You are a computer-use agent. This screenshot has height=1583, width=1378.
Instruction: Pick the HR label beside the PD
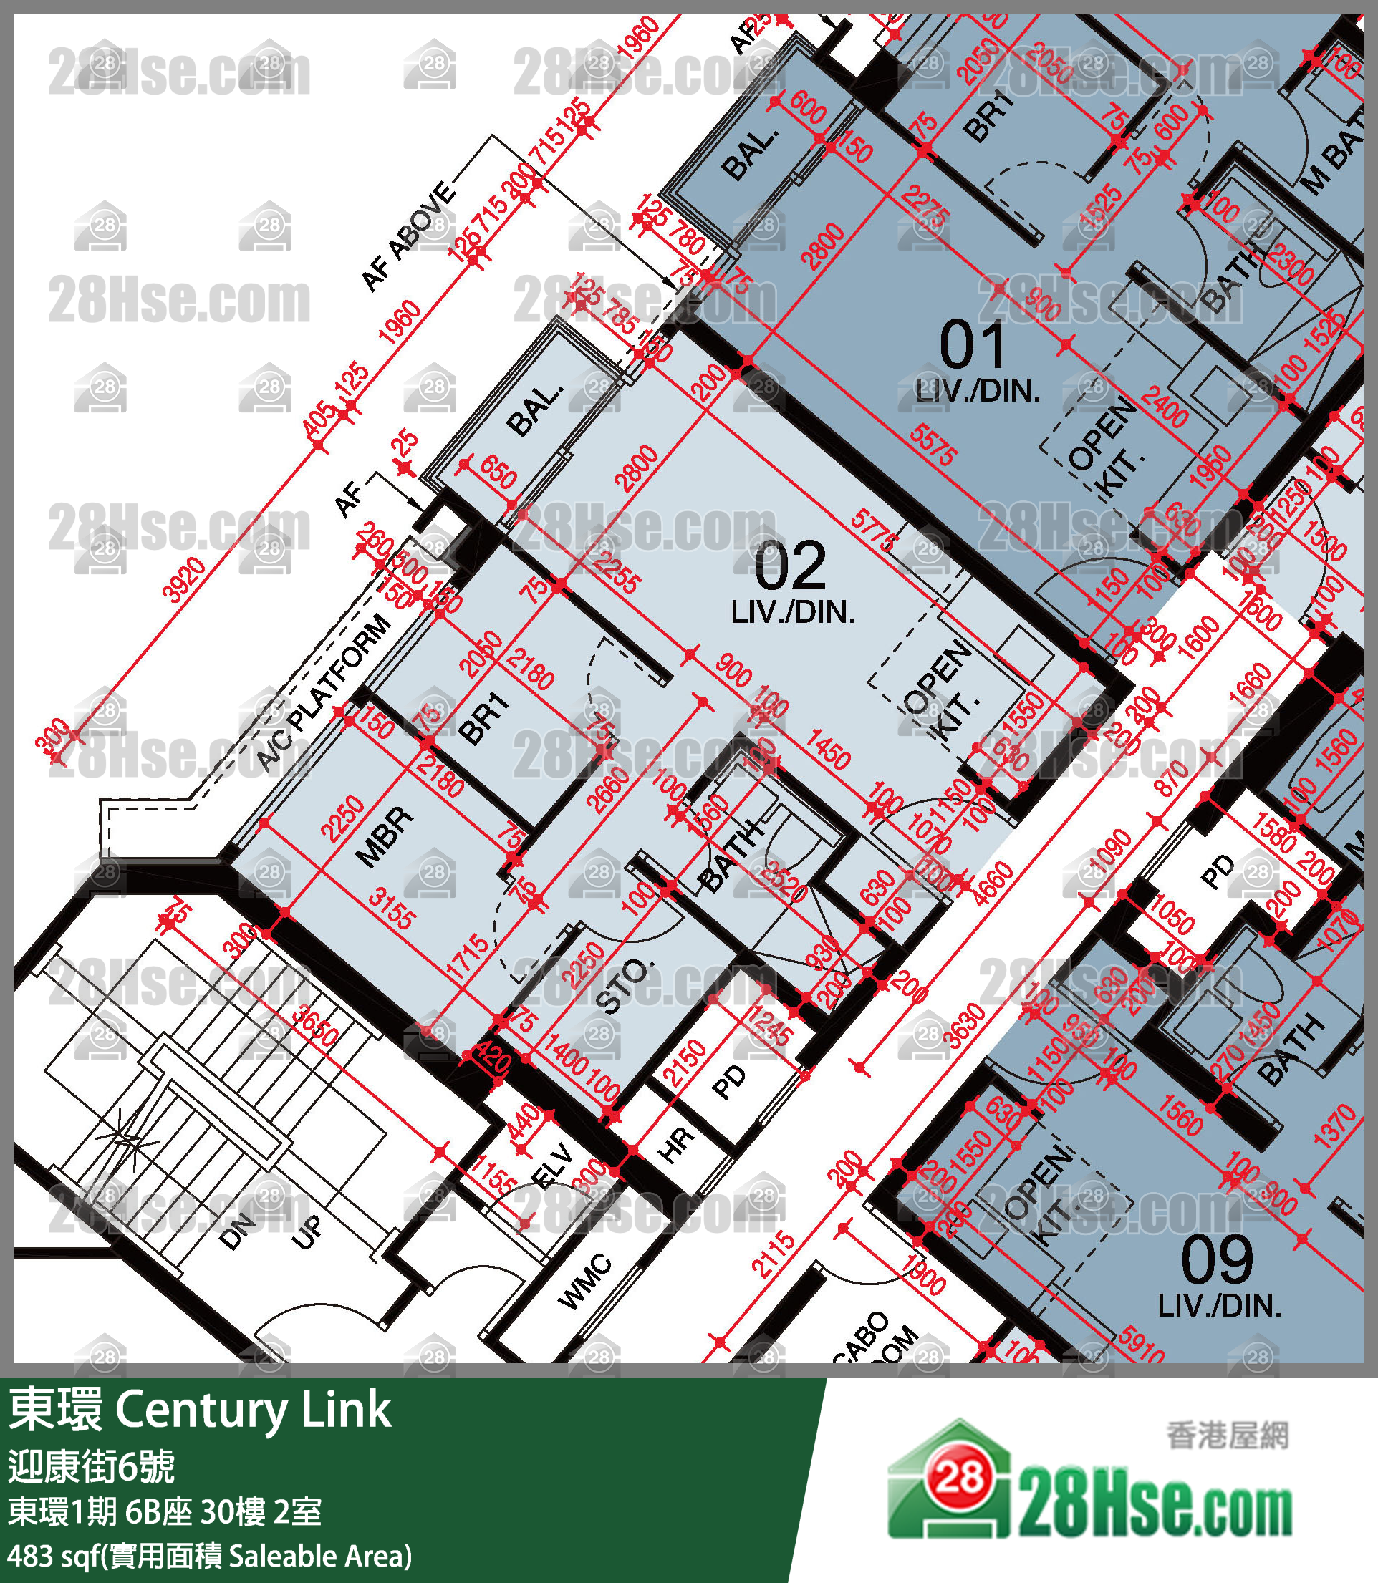coord(676,1144)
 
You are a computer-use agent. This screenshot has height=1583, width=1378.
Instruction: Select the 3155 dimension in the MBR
coord(390,909)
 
